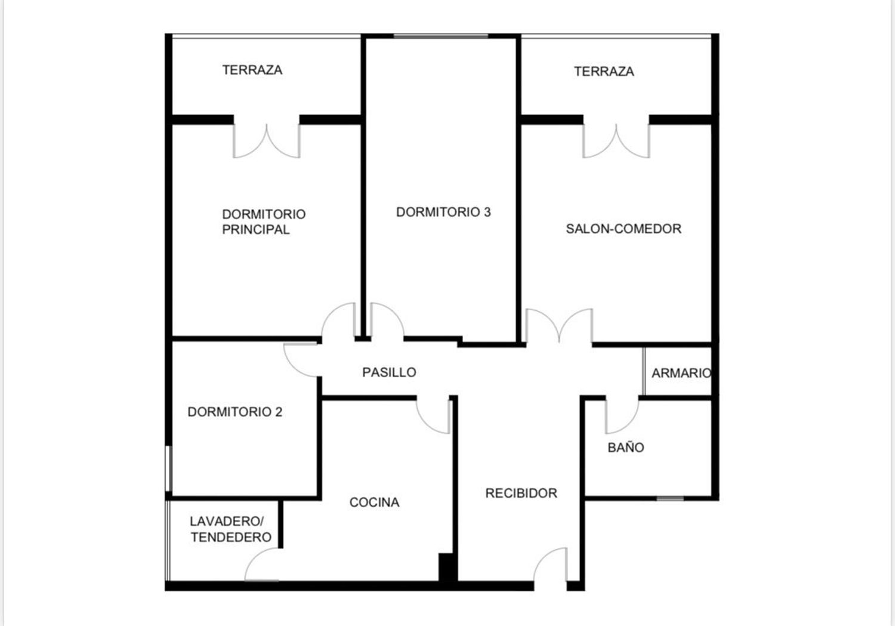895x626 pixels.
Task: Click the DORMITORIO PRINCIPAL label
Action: click(x=264, y=222)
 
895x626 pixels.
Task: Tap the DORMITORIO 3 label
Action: click(x=443, y=212)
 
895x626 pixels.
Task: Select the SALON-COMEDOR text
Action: click(x=624, y=229)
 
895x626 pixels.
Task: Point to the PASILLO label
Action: click(x=389, y=372)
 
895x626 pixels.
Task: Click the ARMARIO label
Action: click(x=681, y=373)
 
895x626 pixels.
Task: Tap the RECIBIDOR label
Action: click(x=521, y=494)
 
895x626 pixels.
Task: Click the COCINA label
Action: click(x=374, y=502)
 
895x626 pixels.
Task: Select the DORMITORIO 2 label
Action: click(x=235, y=412)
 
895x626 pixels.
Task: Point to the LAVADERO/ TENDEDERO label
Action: click(x=231, y=529)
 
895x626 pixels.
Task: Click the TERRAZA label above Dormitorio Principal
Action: click(x=252, y=70)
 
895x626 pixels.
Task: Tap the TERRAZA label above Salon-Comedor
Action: click(x=604, y=72)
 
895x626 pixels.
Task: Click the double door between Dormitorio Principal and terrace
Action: click(x=267, y=141)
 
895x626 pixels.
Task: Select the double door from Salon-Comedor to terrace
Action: click(x=616, y=141)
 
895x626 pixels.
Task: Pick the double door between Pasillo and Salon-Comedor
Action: click(x=559, y=326)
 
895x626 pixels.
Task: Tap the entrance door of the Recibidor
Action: click(x=550, y=564)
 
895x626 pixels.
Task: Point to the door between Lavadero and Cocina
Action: click(x=262, y=564)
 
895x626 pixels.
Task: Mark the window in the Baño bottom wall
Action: click(x=670, y=498)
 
